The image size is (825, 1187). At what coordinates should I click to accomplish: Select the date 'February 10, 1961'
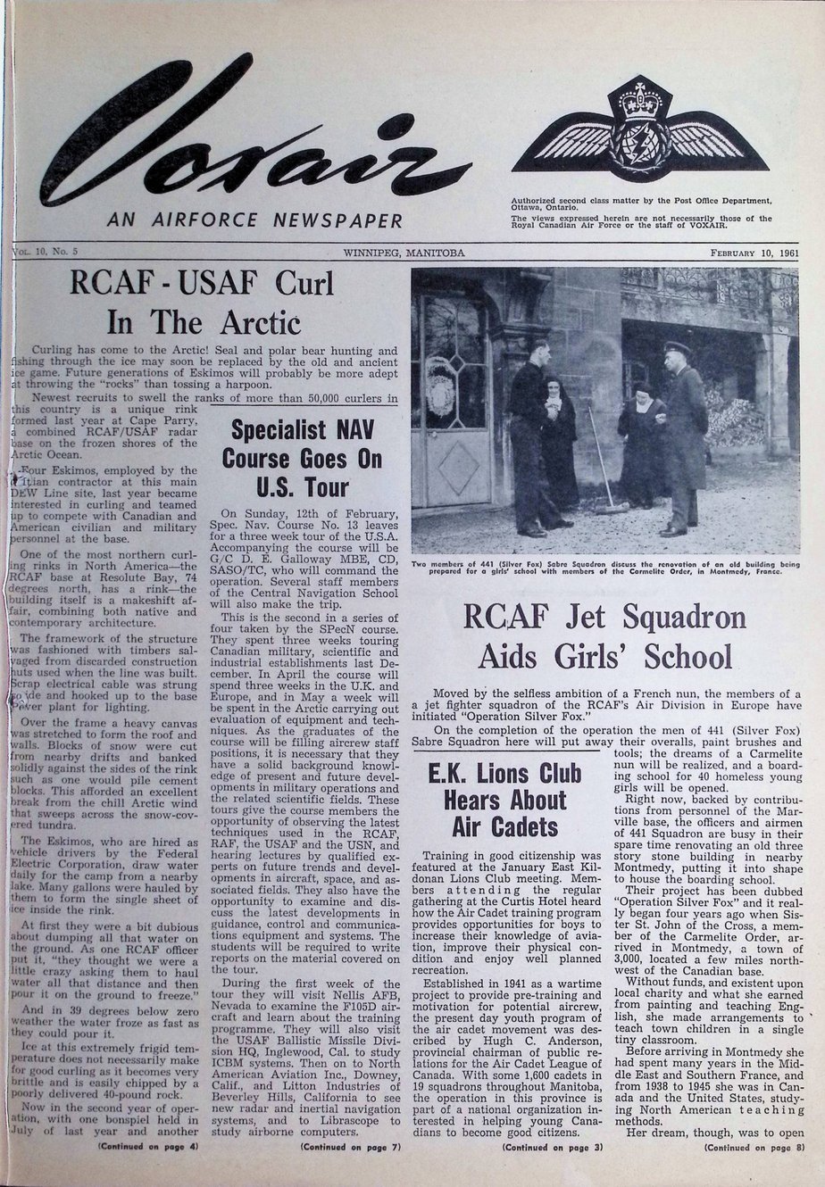coord(754,253)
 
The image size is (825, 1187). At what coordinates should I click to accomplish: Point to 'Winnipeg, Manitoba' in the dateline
coord(404,253)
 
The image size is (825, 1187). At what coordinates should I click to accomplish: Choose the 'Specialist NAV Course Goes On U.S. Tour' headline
coord(308,458)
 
